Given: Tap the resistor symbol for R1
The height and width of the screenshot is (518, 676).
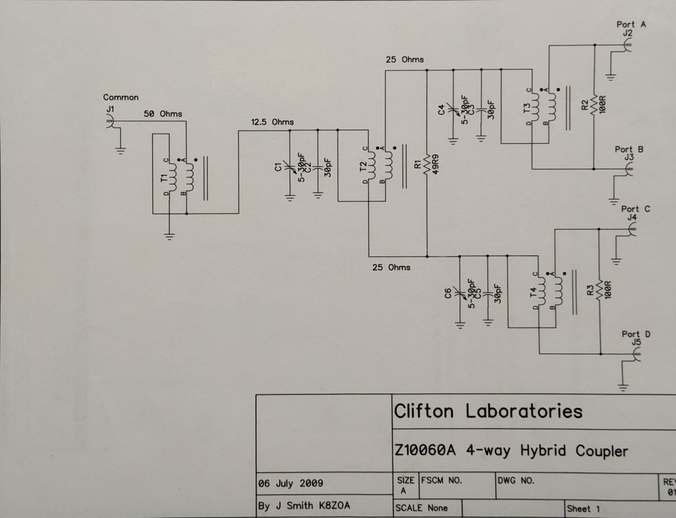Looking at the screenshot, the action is [427, 165].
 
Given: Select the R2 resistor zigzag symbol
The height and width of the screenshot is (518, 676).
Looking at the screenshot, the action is [594, 105].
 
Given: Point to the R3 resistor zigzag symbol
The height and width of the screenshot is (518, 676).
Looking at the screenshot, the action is [599, 290].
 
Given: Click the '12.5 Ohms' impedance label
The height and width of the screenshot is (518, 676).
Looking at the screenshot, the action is [272, 122].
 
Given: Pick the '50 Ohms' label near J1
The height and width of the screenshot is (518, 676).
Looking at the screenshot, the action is [163, 114].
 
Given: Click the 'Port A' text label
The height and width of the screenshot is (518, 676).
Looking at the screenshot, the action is [631, 24].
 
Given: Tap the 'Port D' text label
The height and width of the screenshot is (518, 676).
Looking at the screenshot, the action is [636, 334].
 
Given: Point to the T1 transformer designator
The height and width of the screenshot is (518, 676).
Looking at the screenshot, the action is [164, 178].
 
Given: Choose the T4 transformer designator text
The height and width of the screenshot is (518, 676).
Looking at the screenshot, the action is [533, 292].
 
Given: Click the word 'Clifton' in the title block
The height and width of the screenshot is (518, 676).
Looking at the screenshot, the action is [424, 411].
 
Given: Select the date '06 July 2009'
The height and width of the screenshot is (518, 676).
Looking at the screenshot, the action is [291, 483].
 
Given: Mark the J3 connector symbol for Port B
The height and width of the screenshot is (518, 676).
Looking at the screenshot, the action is [629, 169].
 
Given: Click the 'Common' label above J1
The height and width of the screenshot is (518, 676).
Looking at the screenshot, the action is [121, 97].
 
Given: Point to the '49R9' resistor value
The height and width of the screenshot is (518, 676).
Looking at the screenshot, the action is [435, 164].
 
